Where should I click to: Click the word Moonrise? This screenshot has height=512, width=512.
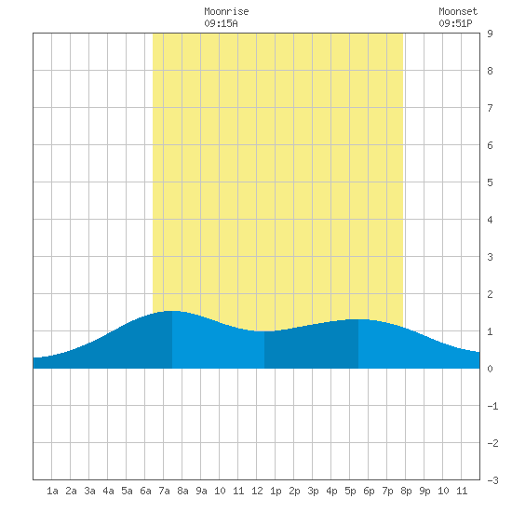point(226,11)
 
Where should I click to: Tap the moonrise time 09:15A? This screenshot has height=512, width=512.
point(221,23)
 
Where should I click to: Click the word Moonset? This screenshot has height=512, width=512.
point(458,11)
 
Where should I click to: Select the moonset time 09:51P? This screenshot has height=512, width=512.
point(455,23)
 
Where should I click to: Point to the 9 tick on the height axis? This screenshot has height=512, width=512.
point(490,34)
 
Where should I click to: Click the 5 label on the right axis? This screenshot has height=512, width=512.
point(490,182)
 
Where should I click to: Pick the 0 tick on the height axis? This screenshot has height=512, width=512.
point(490,369)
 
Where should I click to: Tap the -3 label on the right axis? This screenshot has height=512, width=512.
point(492,480)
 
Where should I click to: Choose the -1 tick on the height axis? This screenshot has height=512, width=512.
point(492,406)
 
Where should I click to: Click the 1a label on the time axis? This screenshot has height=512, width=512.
point(52,491)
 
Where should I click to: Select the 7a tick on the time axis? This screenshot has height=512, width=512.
point(164,491)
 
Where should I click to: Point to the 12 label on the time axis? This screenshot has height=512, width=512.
point(257,491)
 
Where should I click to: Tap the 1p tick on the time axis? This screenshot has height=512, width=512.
point(276,491)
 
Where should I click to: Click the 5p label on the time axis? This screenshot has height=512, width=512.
point(350,491)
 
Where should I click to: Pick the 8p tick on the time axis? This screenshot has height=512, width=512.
point(406,491)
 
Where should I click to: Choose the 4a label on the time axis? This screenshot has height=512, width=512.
point(108,491)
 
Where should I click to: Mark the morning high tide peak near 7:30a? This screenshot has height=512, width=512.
point(172,311)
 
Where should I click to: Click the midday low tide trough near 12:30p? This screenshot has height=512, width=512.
point(264,331)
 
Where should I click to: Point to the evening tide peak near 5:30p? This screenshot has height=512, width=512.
point(358,319)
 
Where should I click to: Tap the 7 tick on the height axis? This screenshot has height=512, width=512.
point(490,108)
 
